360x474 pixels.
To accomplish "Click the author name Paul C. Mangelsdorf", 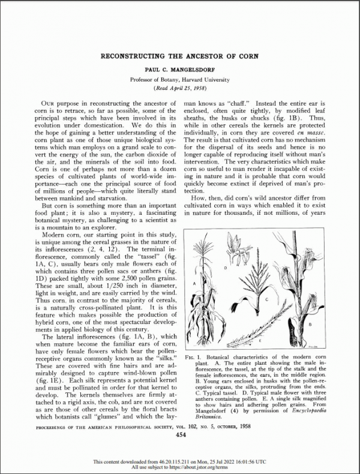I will click(x=180, y=70).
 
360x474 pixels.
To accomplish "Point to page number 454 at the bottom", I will click(x=180, y=436).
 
